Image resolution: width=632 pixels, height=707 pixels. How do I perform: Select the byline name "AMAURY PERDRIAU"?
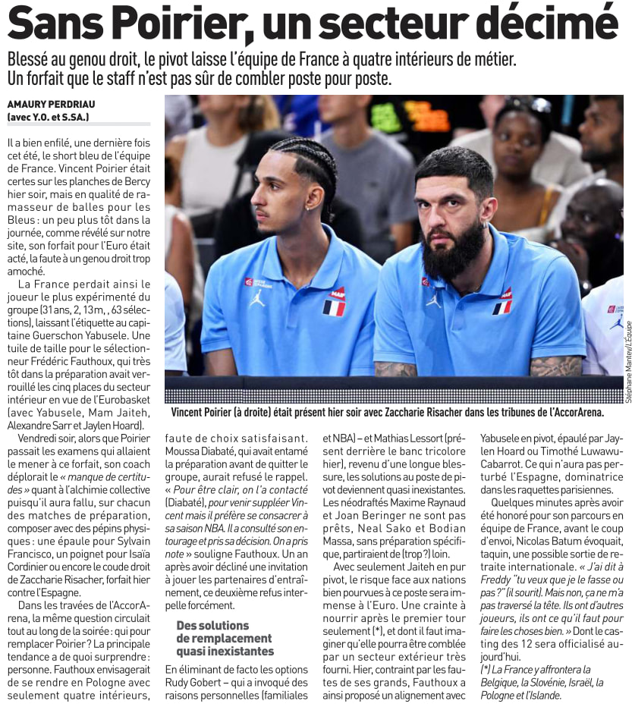pos(52,104)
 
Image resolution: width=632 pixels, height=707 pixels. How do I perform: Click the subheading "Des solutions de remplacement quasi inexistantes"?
pos(225,638)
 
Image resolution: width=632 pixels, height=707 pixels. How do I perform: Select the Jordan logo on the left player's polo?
pos(256,298)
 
